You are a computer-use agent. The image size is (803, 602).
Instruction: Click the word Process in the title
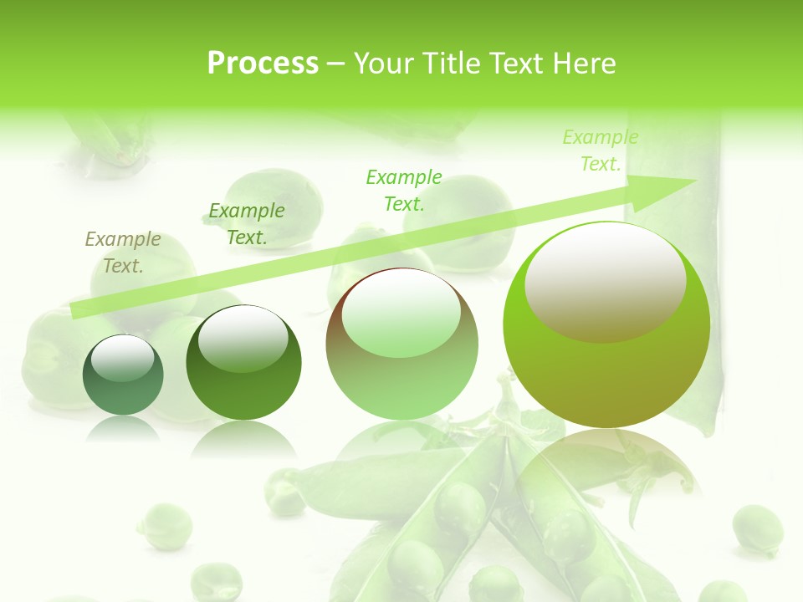(x=263, y=64)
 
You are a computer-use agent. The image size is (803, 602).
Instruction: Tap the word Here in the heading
(x=583, y=64)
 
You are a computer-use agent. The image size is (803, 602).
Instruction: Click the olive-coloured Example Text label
(x=123, y=253)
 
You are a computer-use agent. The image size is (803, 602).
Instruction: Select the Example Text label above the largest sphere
(x=601, y=150)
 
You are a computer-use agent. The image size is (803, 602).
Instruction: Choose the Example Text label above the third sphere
(x=404, y=190)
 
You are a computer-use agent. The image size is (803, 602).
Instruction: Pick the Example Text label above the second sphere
(x=247, y=224)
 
